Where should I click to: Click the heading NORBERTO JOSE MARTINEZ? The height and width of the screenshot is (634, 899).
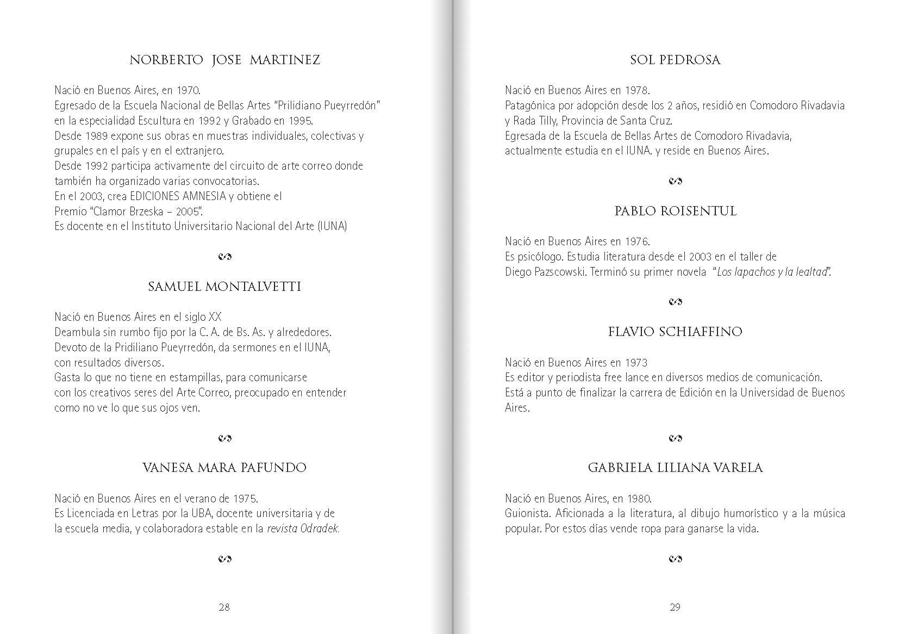click(x=224, y=60)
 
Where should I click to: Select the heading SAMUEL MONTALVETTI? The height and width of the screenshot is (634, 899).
click(x=224, y=287)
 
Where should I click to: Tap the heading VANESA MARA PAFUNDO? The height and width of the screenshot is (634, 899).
click(x=224, y=468)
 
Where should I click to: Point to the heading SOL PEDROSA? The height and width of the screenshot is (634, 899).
click(x=675, y=60)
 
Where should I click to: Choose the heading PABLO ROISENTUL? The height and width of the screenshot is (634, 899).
click(x=675, y=211)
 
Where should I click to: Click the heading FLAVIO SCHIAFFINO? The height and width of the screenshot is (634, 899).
click(x=675, y=332)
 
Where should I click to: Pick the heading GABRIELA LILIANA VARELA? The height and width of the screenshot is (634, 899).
click(x=675, y=468)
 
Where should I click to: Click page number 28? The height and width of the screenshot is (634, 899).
click(x=224, y=607)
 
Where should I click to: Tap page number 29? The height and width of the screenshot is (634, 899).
click(x=675, y=607)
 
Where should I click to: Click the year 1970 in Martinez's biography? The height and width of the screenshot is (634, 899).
click(x=188, y=90)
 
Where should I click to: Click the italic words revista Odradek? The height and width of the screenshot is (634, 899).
click(x=303, y=529)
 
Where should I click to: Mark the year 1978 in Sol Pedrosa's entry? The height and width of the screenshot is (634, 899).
click(x=636, y=90)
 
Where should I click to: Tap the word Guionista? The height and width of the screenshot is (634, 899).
click(x=526, y=513)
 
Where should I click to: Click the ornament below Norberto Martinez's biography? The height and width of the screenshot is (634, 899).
click(x=224, y=257)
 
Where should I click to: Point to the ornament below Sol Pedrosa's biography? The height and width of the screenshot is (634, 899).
click(x=675, y=181)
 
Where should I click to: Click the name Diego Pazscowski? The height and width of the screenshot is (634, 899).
click(x=545, y=272)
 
